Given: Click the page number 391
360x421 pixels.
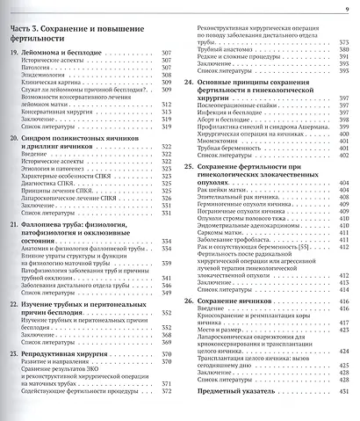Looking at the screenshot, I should (x=343, y=58).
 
